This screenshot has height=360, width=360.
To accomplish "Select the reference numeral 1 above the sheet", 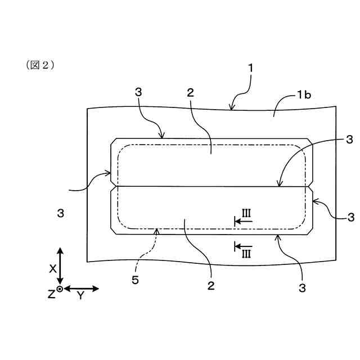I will [x=250, y=69].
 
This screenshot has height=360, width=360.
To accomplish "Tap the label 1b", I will [x=304, y=96].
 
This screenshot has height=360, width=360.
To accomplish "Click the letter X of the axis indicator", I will [x=52, y=269].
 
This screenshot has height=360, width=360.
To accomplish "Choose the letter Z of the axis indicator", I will [x=51, y=294].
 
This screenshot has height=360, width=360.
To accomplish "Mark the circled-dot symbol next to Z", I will [x=60, y=289].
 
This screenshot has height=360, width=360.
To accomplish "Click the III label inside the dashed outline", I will [x=246, y=213].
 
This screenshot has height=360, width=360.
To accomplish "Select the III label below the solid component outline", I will [x=246, y=254].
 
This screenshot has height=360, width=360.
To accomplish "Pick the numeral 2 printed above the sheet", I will [x=190, y=93].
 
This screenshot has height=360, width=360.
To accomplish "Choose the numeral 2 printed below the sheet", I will [x=211, y=286].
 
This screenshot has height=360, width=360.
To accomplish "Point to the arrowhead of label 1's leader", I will [x=231, y=107].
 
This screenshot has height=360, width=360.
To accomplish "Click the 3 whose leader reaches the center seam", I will [x=349, y=139].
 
